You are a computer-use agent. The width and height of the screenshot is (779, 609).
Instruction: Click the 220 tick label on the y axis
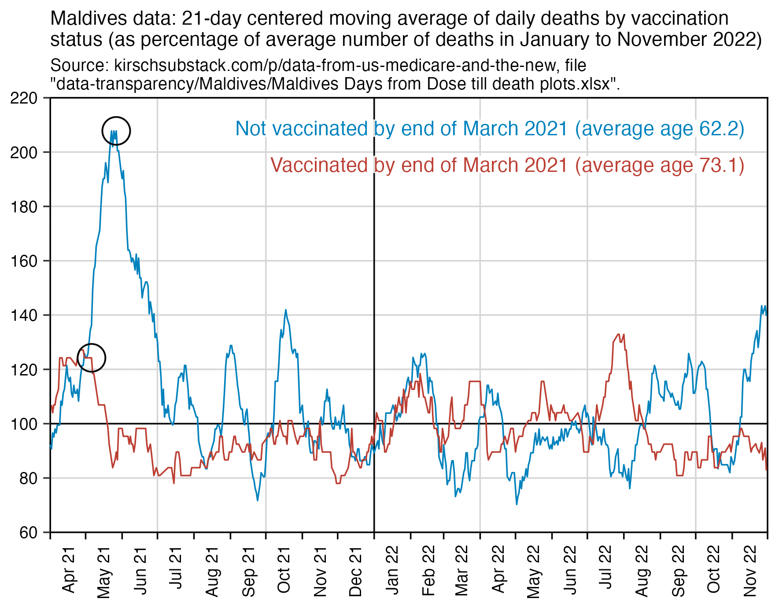click(x=24, y=98)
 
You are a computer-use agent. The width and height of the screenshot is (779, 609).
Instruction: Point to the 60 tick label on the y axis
click(x=28, y=533)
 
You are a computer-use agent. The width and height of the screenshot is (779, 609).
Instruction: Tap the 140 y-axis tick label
click(x=24, y=316)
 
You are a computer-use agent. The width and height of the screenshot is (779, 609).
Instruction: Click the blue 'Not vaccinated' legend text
click(x=489, y=129)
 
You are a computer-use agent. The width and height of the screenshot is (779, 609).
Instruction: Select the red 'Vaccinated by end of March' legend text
click(x=507, y=165)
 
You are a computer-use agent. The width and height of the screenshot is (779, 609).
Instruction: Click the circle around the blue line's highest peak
click(x=116, y=131)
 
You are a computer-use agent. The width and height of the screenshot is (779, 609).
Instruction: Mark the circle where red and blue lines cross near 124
click(x=91, y=358)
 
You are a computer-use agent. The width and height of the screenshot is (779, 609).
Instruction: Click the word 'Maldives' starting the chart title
click(x=84, y=19)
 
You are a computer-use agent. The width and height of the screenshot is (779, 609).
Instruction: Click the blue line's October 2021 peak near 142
click(x=286, y=310)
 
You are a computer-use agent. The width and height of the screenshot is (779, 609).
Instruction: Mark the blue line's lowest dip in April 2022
click(x=516, y=504)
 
